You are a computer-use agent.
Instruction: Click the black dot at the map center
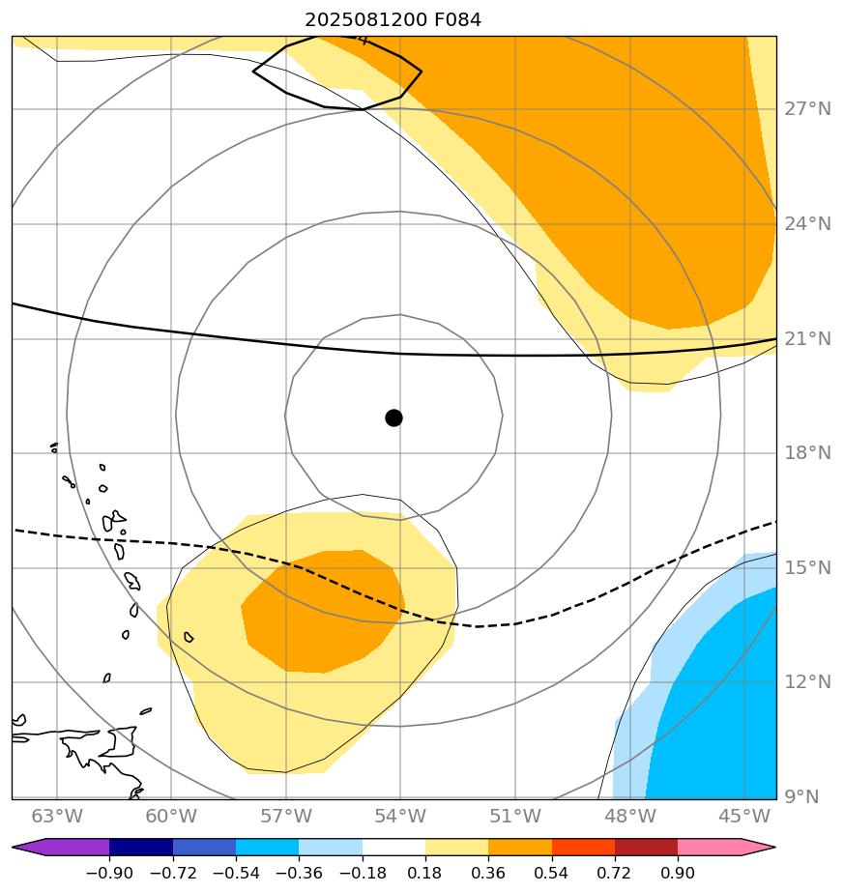click(393, 418)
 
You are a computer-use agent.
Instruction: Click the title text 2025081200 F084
click(393, 19)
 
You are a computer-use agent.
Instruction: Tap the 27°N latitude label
click(806, 108)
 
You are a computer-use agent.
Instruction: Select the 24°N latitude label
click(806, 223)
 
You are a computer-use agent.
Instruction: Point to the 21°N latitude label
click(806, 338)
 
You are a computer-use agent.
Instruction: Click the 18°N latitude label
click(806, 452)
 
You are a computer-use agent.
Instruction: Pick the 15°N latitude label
click(806, 567)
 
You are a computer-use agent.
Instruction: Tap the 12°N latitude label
click(806, 681)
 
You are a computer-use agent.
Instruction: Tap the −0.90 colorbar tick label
click(108, 873)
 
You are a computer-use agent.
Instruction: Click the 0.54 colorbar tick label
click(551, 873)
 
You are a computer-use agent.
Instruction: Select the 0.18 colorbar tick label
click(425, 873)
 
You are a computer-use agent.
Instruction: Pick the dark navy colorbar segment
click(141, 848)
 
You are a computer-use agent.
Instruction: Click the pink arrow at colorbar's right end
click(758, 848)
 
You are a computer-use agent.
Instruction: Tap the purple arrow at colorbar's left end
click(29, 848)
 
